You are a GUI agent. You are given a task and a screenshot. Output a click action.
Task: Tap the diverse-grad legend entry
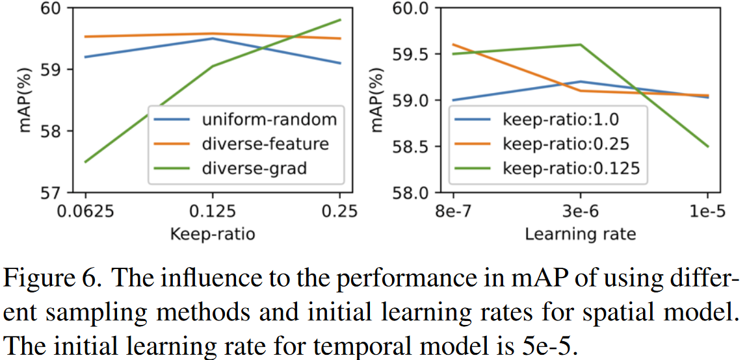[x=254, y=168]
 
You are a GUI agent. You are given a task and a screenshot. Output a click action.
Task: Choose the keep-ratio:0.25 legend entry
[x=566, y=144]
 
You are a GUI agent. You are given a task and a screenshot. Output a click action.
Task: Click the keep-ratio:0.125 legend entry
[x=571, y=168]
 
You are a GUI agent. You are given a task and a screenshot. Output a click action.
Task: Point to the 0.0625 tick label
[x=85, y=212]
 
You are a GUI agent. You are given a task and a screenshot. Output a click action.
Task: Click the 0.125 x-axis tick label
[x=213, y=212]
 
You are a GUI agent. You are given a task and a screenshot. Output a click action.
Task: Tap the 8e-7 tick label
[x=452, y=212]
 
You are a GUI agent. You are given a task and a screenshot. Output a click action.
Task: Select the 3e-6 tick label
[x=580, y=212]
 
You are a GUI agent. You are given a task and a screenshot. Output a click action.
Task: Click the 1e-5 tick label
[x=707, y=212]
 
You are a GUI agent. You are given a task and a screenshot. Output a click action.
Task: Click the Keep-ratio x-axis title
[x=213, y=233]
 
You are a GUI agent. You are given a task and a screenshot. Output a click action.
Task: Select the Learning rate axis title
[x=580, y=233]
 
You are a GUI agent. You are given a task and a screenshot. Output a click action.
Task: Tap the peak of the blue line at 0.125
[x=213, y=38]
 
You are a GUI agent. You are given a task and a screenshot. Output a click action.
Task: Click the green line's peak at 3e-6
[x=580, y=45]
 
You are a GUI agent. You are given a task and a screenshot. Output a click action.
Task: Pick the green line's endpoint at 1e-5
[x=707, y=146]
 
